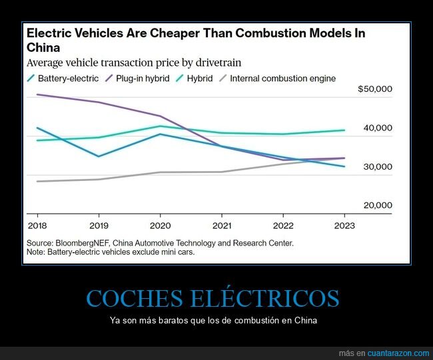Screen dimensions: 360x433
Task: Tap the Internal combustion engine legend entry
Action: [282, 79]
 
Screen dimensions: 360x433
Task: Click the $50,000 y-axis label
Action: [375, 89]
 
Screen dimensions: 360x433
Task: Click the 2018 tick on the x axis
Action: [37, 225]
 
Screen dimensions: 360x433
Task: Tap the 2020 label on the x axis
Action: [160, 225]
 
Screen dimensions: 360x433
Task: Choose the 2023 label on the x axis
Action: [344, 225]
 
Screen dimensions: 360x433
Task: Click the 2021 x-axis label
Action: [221, 225]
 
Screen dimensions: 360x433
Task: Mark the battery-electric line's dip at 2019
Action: [99, 156]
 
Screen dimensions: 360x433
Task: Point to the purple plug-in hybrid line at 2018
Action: [37, 94]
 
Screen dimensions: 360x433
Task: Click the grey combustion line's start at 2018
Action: [37, 181]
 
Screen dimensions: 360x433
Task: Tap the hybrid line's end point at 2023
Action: [344, 130]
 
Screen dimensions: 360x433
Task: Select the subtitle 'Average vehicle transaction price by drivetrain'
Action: [133, 63]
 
